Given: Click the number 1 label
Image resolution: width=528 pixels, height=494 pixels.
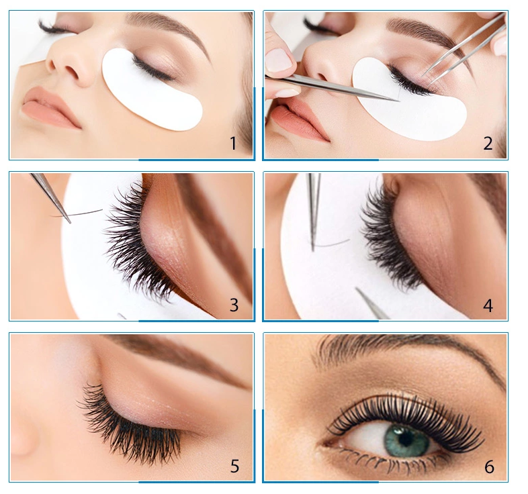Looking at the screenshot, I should (x=232, y=143).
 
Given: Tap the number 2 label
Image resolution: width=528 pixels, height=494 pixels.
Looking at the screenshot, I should (x=488, y=143).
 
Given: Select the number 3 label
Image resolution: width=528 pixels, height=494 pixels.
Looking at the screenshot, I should (x=234, y=305).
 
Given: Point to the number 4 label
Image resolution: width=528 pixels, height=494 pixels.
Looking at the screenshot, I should (x=488, y=305).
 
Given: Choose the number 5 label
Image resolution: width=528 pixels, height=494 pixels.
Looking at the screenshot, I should (x=234, y=466).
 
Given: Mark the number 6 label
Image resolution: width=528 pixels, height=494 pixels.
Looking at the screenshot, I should (x=489, y=466).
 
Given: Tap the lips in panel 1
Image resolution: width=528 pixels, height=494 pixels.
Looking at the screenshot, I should (x=50, y=107).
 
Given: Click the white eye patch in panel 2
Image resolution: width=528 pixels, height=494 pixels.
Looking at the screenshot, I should (x=403, y=107).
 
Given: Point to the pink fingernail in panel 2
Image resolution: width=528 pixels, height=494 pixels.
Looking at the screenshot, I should (x=279, y=60).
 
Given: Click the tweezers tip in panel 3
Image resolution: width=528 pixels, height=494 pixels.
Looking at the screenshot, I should (x=68, y=221).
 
